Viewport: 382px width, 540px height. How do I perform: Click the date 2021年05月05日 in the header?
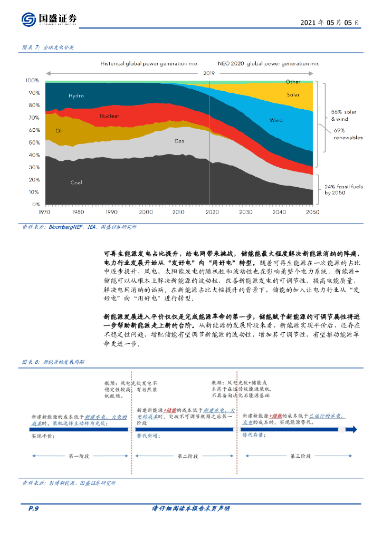coord(330,23)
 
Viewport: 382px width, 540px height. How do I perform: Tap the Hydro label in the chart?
coord(76,96)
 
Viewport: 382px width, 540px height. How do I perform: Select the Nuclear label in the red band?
coord(109,115)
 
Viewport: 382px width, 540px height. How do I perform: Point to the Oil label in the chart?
coord(59,130)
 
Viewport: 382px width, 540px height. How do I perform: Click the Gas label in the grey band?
coord(179,141)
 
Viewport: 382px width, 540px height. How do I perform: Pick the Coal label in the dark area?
coord(76,182)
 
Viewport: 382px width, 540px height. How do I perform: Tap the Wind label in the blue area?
coord(276,120)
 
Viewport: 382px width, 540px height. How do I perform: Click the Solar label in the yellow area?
coord(293,95)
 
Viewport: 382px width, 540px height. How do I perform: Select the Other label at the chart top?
coord(293,82)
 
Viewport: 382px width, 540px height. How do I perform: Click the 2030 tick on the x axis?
coord(245,212)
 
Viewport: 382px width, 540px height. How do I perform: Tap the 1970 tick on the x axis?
coord(45,212)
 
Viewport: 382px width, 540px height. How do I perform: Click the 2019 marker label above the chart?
coord(209,73)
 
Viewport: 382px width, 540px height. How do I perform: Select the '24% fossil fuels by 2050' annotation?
coord(343,190)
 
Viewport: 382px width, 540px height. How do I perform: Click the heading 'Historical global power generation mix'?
coord(149,63)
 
